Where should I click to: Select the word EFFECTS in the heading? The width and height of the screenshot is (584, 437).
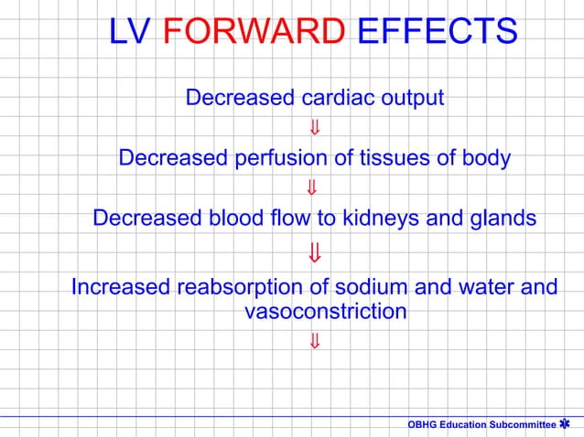tap(435, 33)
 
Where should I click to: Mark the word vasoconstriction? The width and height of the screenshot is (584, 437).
tap(327, 312)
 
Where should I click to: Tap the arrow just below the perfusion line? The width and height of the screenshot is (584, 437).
tap(313, 189)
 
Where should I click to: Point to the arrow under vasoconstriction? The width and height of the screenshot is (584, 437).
tap(313, 342)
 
